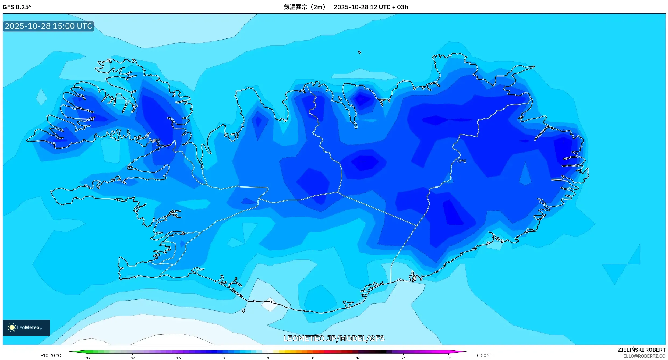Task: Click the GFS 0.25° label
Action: point(17,7)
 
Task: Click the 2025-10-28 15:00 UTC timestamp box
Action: point(48,26)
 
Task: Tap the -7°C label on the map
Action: point(461,161)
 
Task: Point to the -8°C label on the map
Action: point(155,140)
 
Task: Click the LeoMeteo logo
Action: point(26,327)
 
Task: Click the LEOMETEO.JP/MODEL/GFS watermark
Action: point(334,338)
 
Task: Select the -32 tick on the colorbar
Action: point(87,358)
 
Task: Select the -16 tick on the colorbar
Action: point(178,358)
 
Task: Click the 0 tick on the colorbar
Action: point(268,358)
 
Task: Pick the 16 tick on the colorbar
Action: point(358,358)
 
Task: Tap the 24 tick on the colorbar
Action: point(403,358)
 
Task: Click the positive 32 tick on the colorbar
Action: point(448,358)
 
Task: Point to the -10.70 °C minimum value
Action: point(51,355)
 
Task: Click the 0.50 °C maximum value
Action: point(485,355)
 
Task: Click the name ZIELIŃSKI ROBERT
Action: point(641,350)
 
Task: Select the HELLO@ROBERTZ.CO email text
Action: point(642,356)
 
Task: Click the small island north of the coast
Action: point(359,52)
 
